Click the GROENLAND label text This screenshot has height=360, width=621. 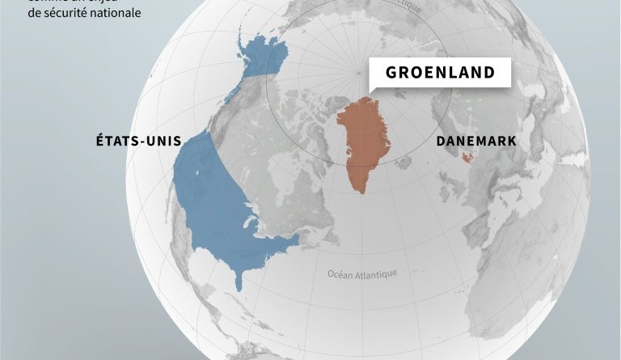tap(440, 73)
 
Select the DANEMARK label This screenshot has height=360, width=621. tap(476, 140)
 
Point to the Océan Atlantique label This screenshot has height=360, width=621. tap(362, 273)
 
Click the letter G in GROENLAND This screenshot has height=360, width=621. tap(391, 73)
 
